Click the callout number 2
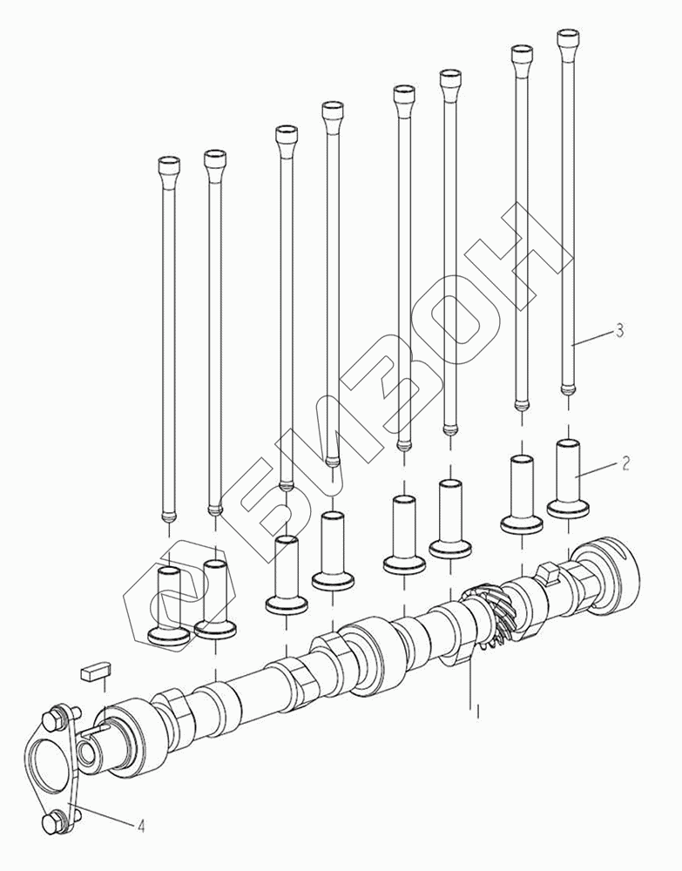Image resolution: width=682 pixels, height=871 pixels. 625,463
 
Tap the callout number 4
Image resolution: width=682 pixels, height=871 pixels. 141,826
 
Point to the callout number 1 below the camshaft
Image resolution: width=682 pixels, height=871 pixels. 477,709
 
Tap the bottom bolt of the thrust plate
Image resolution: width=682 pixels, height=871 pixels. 57,821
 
